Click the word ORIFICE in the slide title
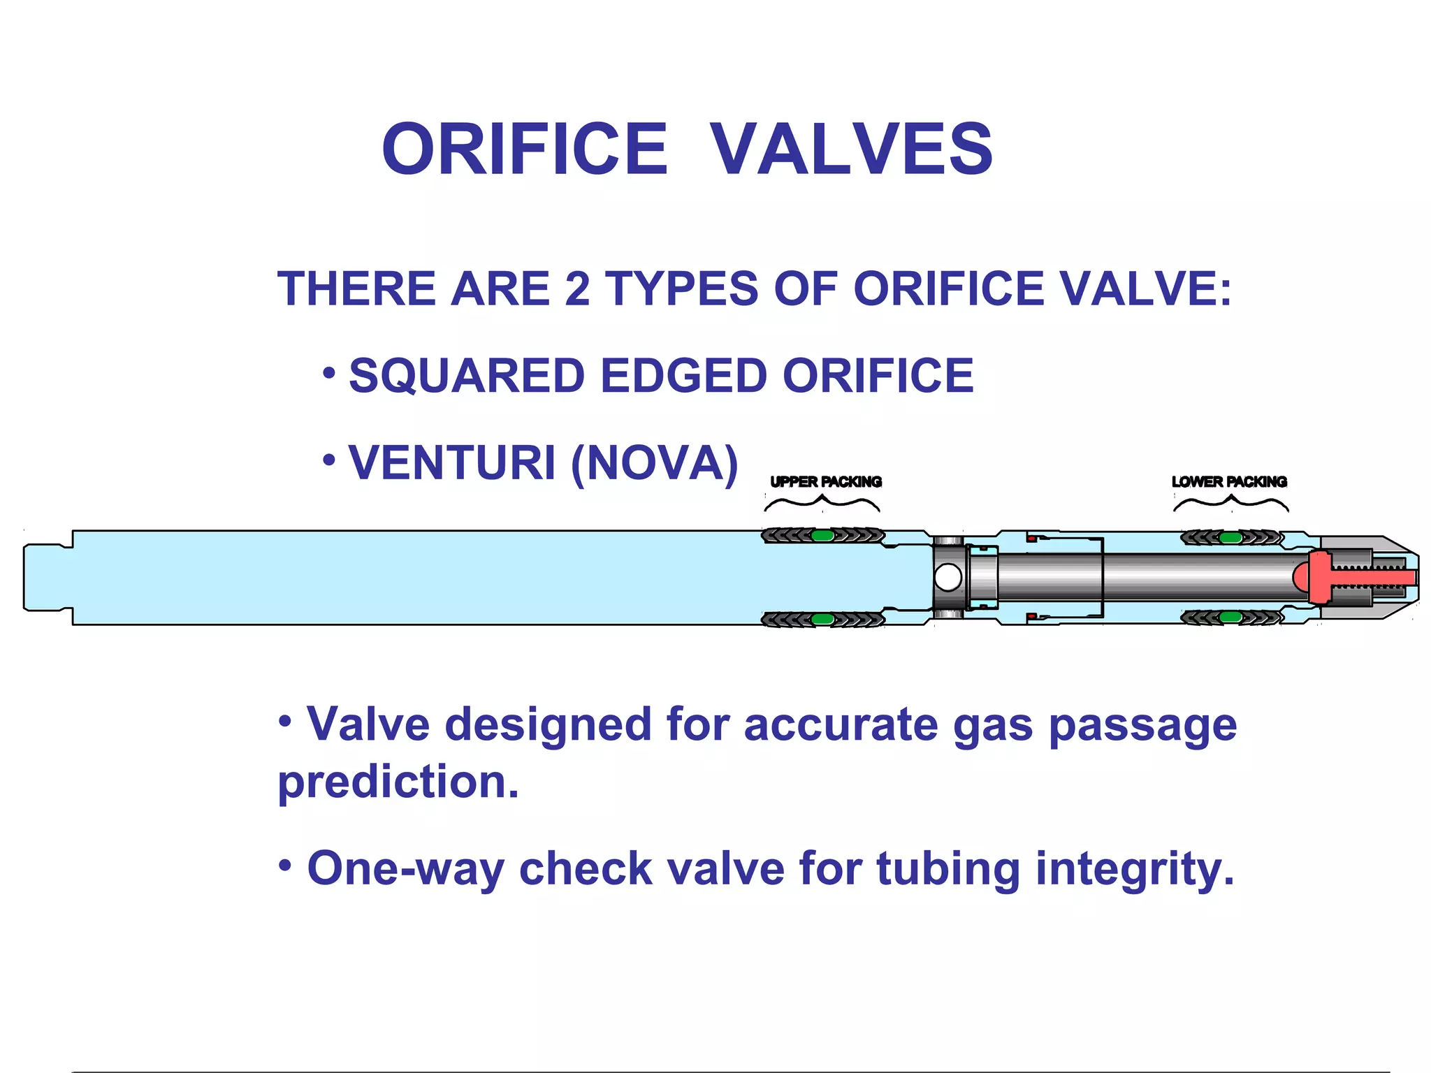tap(525, 149)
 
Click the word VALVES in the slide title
tap(851, 149)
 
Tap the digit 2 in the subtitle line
tap(577, 289)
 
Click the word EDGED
tap(683, 376)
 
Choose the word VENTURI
tap(451, 462)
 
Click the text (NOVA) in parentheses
tap(654, 462)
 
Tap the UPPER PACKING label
tap(825, 481)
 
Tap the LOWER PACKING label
tap(1229, 481)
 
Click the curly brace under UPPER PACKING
tap(822, 502)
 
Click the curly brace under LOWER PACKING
tap(1230, 502)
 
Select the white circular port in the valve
tap(948, 578)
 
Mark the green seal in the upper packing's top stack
tap(822, 536)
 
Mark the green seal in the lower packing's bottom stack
tap(1230, 618)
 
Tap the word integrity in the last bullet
tap(1134, 868)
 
